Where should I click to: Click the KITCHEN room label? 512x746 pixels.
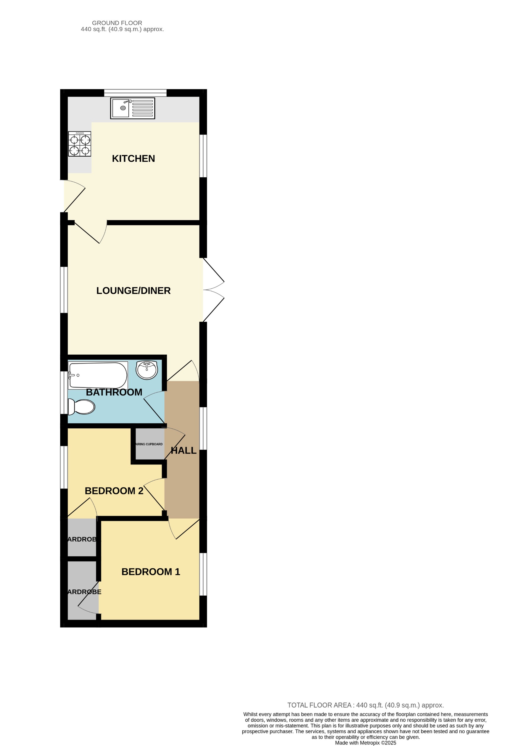(x=133, y=159)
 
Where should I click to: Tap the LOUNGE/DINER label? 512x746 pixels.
(x=133, y=290)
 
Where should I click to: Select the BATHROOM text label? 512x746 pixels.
(x=114, y=392)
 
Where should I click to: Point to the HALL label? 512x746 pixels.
(x=183, y=451)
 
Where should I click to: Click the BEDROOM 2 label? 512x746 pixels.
(x=114, y=491)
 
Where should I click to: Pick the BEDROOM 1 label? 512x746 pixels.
(x=151, y=572)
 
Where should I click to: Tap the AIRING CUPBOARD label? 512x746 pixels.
(x=149, y=444)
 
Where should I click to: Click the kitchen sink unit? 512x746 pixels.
(x=133, y=108)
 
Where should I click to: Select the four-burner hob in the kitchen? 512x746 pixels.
(x=80, y=144)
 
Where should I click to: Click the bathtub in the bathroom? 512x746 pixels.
(x=98, y=375)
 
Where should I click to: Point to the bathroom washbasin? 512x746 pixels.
(x=147, y=370)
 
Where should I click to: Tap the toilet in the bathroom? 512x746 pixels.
(x=82, y=407)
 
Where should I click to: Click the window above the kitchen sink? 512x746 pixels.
(x=135, y=93)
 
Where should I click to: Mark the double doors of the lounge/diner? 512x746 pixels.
(x=213, y=290)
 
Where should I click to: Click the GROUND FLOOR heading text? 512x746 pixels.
(x=117, y=23)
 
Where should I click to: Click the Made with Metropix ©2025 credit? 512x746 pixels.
(x=365, y=743)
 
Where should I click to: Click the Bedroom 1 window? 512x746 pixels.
(x=203, y=574)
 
